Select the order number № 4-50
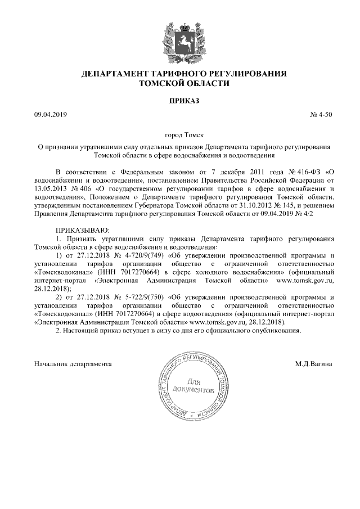point(321,115)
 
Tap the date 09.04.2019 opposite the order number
point(51,115)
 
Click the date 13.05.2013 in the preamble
point(50,189)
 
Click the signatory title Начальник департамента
point(73,364)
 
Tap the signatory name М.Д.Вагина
point(314,364)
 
